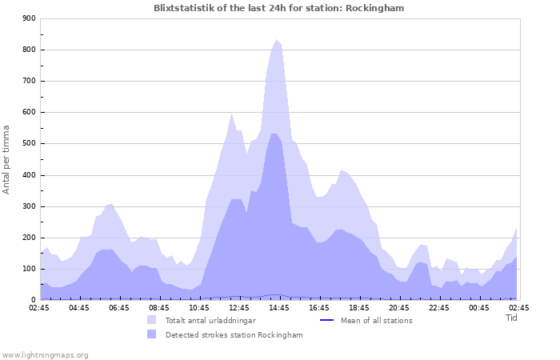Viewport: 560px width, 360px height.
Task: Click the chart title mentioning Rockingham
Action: pos(279,8)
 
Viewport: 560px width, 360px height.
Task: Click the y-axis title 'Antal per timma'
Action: pos(6,159)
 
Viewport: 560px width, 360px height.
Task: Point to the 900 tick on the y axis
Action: pos(30,18)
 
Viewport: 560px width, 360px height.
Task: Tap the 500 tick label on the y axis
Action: pos(30,144)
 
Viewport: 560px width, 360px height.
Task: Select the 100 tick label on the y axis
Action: pos(30,269)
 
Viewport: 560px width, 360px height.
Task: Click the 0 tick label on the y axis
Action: pos(34,300)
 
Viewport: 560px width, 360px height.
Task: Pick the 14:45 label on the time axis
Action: pos(279,307)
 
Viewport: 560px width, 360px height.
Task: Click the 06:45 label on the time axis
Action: pos(119,307)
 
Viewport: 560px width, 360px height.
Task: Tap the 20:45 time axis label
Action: pos(399,307)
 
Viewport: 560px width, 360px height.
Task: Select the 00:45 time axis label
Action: pos(479,307)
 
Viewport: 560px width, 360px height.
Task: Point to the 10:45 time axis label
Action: pos(199,307)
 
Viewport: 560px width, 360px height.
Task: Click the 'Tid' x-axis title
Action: pos(512,318)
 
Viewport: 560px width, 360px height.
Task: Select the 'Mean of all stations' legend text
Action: pos(376,321)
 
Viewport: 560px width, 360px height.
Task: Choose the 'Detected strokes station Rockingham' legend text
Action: pos(234,335)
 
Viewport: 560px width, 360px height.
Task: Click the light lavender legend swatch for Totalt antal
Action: pos(152,320)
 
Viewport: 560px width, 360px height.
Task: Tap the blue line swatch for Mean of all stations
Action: pos(326,321)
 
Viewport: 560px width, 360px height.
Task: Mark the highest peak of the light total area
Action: pos(277,40)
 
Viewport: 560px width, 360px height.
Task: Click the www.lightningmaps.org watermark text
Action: pos(45,354)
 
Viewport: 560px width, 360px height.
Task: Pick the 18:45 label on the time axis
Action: pos(359,307)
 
